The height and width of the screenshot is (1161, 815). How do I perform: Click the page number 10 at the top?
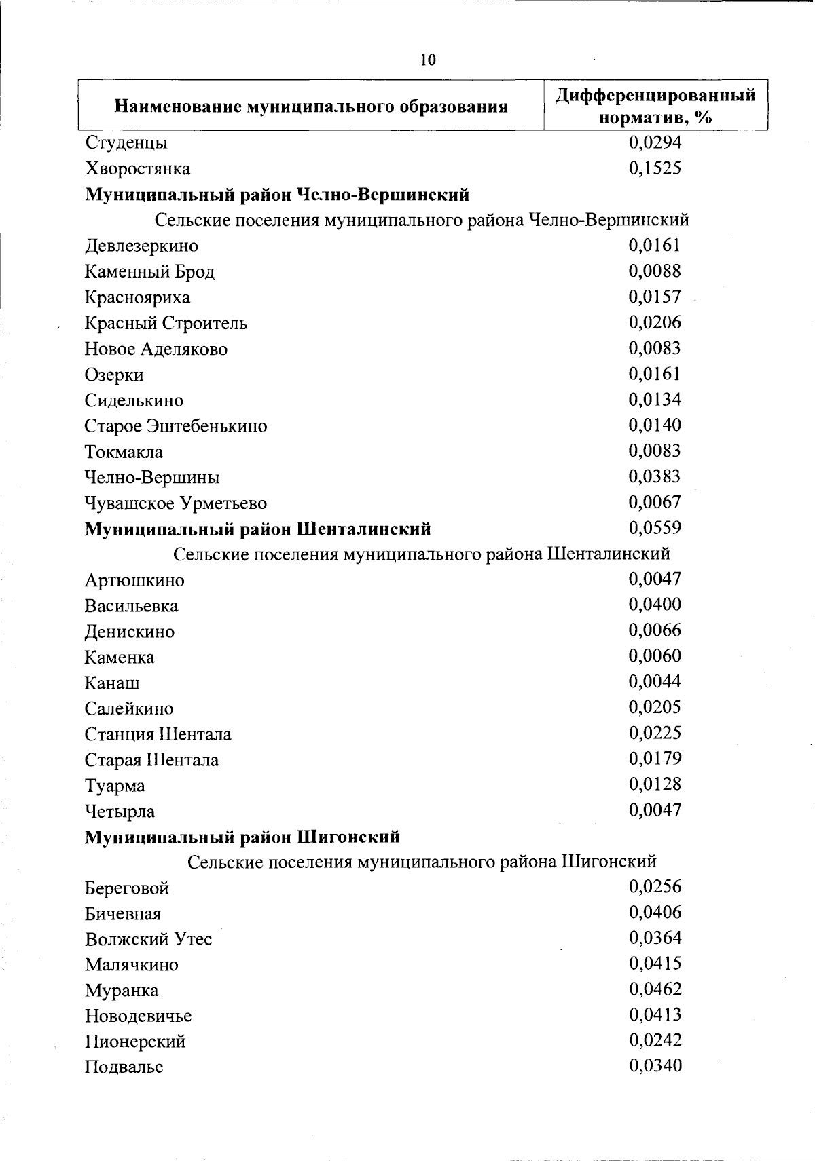click(428, 60)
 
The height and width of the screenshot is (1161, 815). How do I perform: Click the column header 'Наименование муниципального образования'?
click(311, 107)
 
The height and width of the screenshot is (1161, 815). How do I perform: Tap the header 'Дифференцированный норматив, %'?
click(655, 107)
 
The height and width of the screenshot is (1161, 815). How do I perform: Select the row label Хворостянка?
click(137, 169)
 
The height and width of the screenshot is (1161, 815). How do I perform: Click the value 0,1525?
click(655, 168)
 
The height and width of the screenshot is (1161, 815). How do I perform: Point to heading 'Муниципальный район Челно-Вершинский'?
click(277, 195)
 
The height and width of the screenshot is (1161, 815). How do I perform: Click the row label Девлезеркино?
click(141, 246)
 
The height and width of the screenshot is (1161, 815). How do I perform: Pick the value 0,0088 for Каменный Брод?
click(655, 271)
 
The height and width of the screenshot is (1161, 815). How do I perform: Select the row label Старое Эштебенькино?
click(176, 426)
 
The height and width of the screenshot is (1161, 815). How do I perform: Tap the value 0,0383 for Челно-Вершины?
click(655, 477)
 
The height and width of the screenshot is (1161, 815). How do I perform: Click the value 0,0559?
click(655, 528)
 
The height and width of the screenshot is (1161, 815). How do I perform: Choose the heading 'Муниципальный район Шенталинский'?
click(257, 529)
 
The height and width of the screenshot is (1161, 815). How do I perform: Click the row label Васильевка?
click(132, 606)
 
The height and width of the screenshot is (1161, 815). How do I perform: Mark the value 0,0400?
click(655, 605)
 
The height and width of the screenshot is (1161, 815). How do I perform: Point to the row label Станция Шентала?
click(158, 734)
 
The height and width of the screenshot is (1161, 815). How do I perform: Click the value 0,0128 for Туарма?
click(655, 784)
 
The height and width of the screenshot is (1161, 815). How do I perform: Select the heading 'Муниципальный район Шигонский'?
click(242, 837)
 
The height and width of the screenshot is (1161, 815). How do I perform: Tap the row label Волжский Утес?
click(148, 940)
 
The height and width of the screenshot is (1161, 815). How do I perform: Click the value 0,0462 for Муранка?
click(655, 989)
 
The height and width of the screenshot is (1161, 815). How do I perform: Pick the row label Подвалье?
click(124, 1067)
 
